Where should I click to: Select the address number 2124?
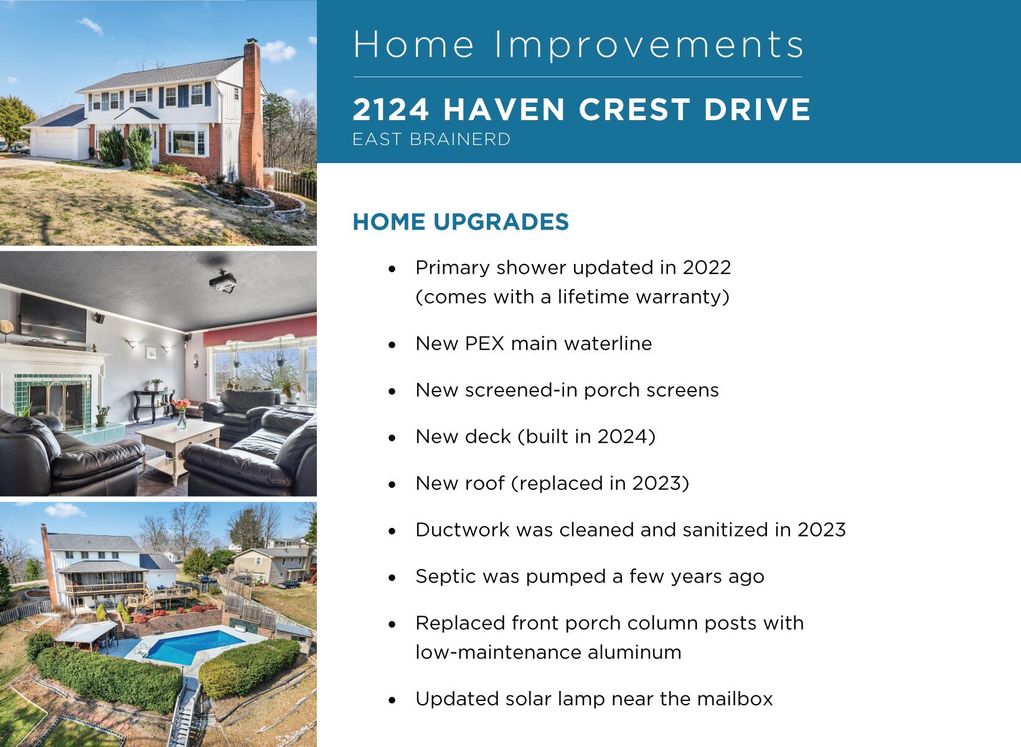[x=390, y=110]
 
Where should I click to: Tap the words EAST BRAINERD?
[x=431, y=139]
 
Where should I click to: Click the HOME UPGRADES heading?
[x=461, y=222]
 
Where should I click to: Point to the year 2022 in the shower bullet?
[x=707, y=268]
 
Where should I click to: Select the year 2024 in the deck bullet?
[x=623, y=436]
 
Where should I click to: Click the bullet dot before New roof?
[x=392, y=484]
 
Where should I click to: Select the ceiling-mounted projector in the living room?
[x=223, y=283]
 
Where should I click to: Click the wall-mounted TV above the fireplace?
[x=53, y=317]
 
